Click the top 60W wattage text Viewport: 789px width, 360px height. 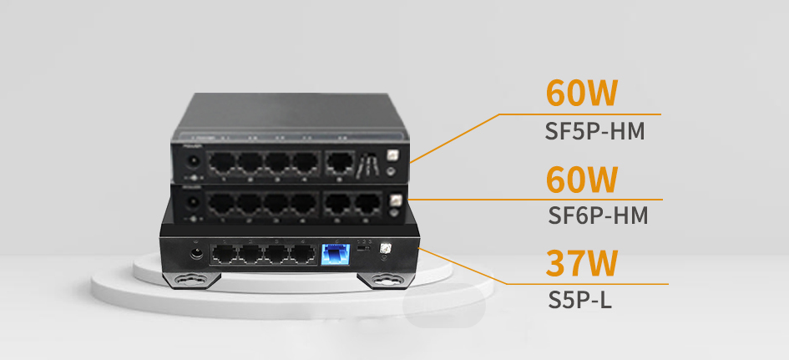pyautogui.click(x=581, y=94)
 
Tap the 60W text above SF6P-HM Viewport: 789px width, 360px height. pyautogui.click(x=581, y=180)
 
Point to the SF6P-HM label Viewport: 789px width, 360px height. pyautogui.click(x=598, y=216)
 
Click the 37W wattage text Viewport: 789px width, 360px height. pyautogui.click(x=581, y=263)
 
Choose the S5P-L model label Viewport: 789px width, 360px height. pyautogui.click(x=579, y=299)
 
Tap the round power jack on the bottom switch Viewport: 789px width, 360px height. pyautogui.click(x=199, y=252)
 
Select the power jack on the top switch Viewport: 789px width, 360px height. pyautogui.click(x=192, y=160)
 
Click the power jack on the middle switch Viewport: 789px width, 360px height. pyautogui.click(x=191, y=204)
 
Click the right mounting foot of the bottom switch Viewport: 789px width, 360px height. pyautogui.click(x=387, y=279)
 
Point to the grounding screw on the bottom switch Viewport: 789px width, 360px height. pyautogui.click(x=386, y=250)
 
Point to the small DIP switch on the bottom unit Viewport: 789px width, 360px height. pyautogui.click(x=363, y=248)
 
